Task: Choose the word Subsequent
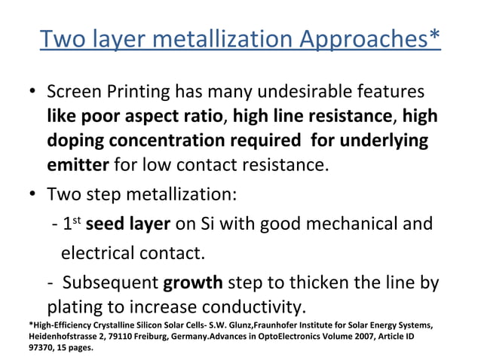110,284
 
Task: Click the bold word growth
193,284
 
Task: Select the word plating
74,307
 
